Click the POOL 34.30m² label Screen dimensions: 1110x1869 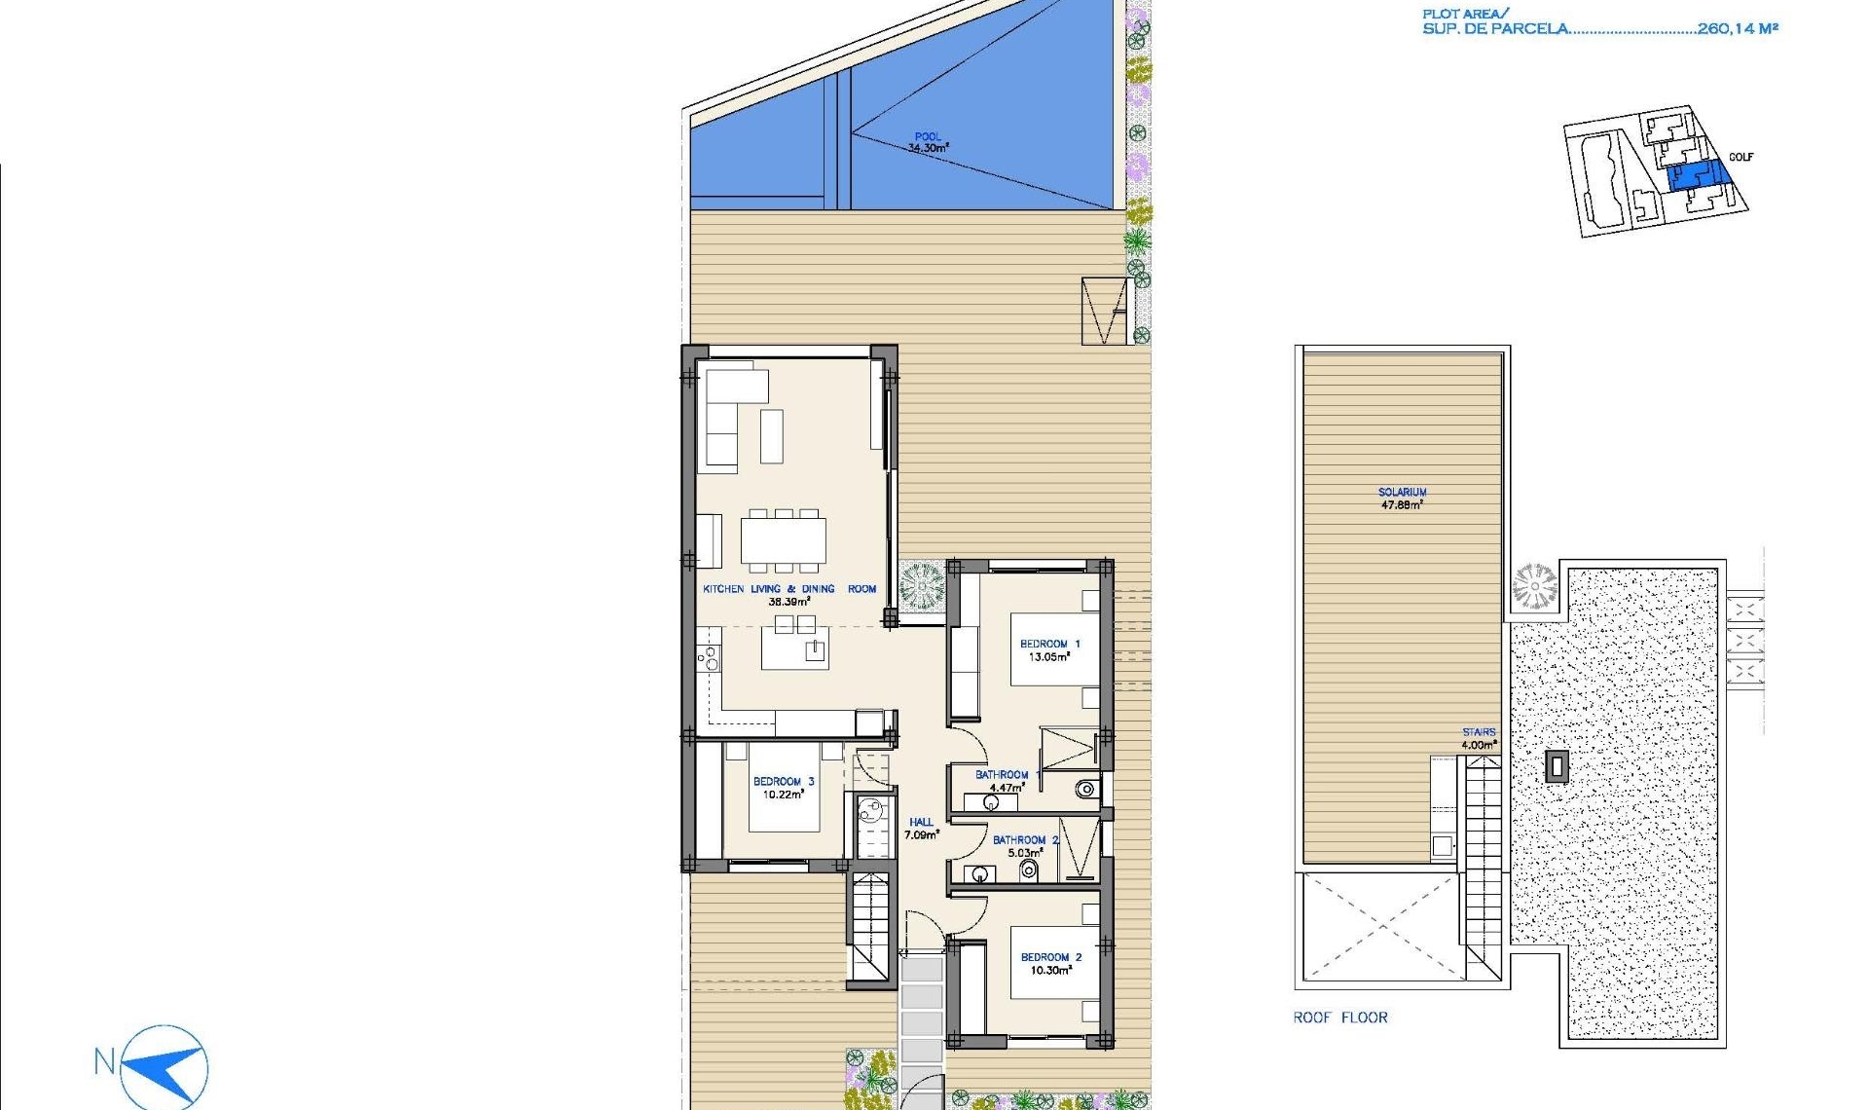(928, 142)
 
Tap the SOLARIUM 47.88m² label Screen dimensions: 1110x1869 (1402, 499)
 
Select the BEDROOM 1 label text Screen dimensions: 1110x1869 (1049, 644)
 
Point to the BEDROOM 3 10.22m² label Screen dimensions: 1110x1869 (783, 788)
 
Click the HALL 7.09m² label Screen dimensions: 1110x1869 (921, 828)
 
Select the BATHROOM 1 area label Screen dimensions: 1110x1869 (1002, 781)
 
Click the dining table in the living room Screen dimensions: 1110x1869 (784, 540)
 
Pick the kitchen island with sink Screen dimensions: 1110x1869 (794, 648)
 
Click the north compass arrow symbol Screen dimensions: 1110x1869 (165, 1067)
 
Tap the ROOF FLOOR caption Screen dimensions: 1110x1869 (1339, 1017)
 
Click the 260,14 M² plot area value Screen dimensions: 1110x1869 (1737, 28)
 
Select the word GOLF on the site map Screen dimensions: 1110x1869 (1741, 157)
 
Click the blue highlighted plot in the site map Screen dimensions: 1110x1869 (1698, 176)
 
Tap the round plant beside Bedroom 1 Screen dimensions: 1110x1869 (921, 587)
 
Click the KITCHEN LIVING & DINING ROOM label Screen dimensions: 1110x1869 (788, 589)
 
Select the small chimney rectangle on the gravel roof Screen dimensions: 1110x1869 (1557, 766)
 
